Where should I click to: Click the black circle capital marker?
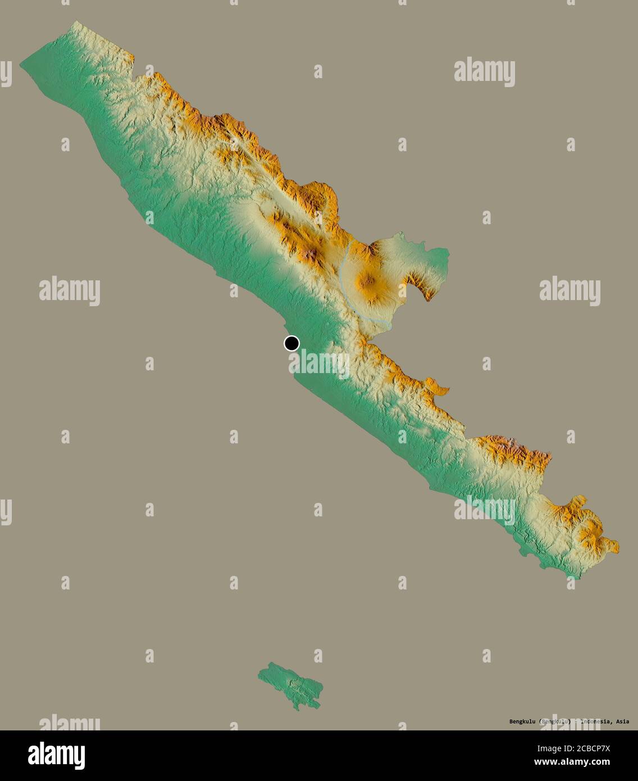pyautogui.click(x=291, y=343)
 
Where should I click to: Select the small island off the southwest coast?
pyautogui.click(x=291, y=684)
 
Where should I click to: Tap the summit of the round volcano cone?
pyautogui.click(x=369, y=279)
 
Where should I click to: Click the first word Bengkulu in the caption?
pyautogui.click(x=522, y=721)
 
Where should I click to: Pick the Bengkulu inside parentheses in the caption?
pyautogui.click(x=554, y=721)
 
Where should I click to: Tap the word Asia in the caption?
pyautogui.click(x=622, y=721)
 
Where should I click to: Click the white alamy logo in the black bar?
pyautogui.click(x=56, y=756)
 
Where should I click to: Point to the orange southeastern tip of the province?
pyautogui.click(x=616, y=546)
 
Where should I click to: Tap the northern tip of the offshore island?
pyautogui.click(x=271, y=664)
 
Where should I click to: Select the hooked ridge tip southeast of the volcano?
pyautogui.click(x=429, y=298)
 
